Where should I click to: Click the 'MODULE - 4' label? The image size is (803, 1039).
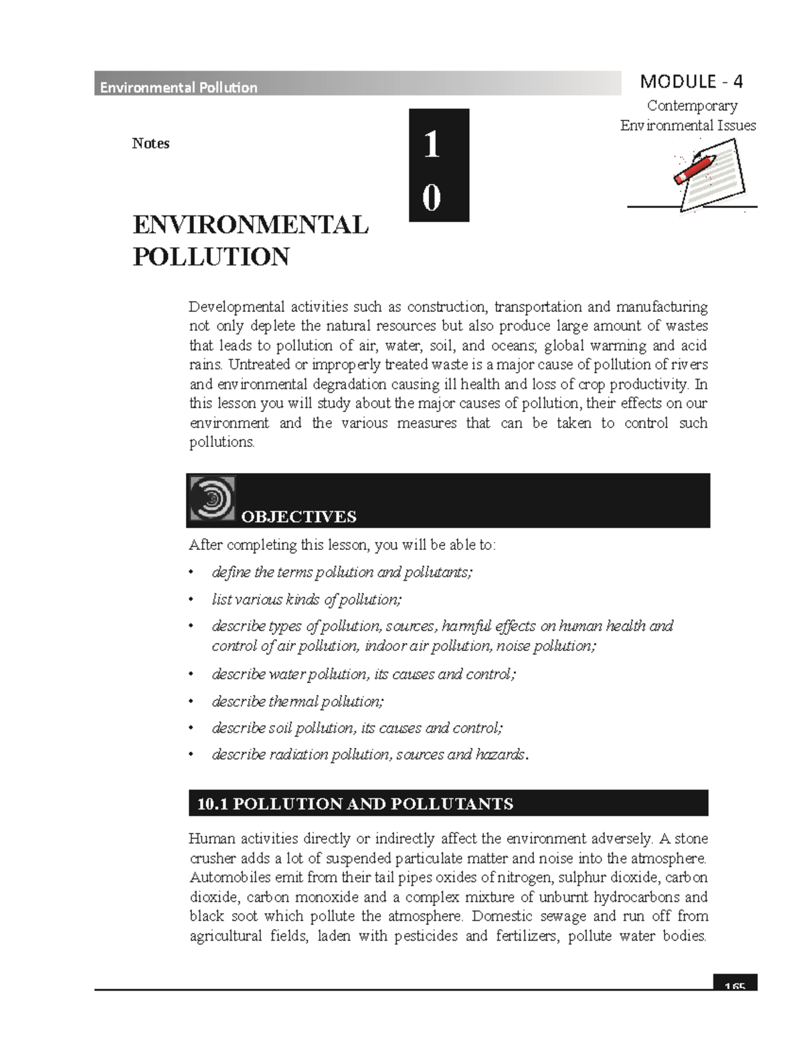point(691,82)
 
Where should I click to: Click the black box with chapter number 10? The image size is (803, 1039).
point(438,165)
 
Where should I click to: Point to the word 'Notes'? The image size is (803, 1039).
point(151,143)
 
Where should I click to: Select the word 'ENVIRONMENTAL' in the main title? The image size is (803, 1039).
point(250,225)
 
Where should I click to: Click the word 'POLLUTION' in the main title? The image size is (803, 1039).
point(211,256)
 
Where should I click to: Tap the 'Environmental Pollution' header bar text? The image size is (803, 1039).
point(178,88)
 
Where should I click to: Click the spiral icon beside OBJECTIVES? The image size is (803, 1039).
point(212,498)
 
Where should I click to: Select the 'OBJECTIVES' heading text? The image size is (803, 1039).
point(298,516)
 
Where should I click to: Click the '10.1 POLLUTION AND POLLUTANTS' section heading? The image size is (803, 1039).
point(355,804)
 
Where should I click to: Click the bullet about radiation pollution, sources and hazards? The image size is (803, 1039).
point(369,755)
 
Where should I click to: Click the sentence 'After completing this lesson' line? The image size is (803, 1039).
point(343,545)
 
